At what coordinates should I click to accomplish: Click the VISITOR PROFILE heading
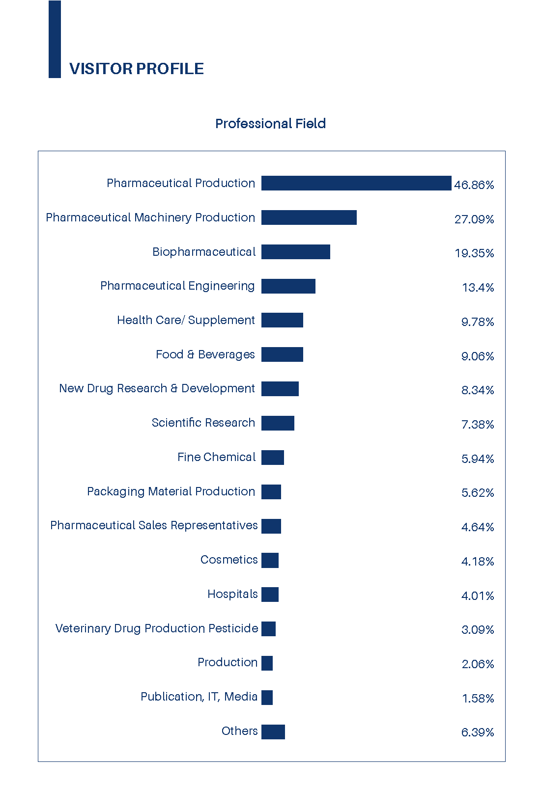pyautogui.click(x=136, y=69)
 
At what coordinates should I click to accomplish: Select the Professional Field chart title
pyautogui.click(x=270, y=123)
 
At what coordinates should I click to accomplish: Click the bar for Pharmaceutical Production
pyautogui.click(x=356, y=183)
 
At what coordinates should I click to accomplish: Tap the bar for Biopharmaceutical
pyautogui.click(x=295, y=252)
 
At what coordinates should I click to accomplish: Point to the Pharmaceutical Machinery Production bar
pyautogui.click(x=309, y=217)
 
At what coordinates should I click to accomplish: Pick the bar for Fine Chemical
pyautogui.click(x=272, y=458)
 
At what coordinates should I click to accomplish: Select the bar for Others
pyautogui.click(x=273, y=731)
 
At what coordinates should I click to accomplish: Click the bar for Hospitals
pyautogui.click(x=270, y=595)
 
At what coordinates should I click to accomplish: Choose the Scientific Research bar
pyautogui.click(x=278, y=423)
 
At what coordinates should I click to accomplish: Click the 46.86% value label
pyautogui.click(x=474, y=185)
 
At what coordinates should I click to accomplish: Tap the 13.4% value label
pyautogui.click(x=478, y=288)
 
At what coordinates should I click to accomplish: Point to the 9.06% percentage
pyautogui.click(x=477, y=356)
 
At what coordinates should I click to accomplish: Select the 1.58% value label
pyautogui.click(x=478, y=698)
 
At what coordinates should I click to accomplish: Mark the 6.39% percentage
pyautogui.click(x=477, y=732)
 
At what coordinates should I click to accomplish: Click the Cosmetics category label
pyautogui.click(x=229, y=560)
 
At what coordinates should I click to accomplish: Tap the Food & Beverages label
pyautogui.click(x=205, y=354)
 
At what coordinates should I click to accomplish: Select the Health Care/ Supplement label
pyautogui.click(x=186, y=320)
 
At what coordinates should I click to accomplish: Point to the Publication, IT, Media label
pyautogui.click(x=199, y=697)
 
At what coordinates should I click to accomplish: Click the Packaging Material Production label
pyautogui.click(x=171, y=491)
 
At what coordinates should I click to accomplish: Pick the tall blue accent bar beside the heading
pyautogui.click(x=55, y=39)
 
